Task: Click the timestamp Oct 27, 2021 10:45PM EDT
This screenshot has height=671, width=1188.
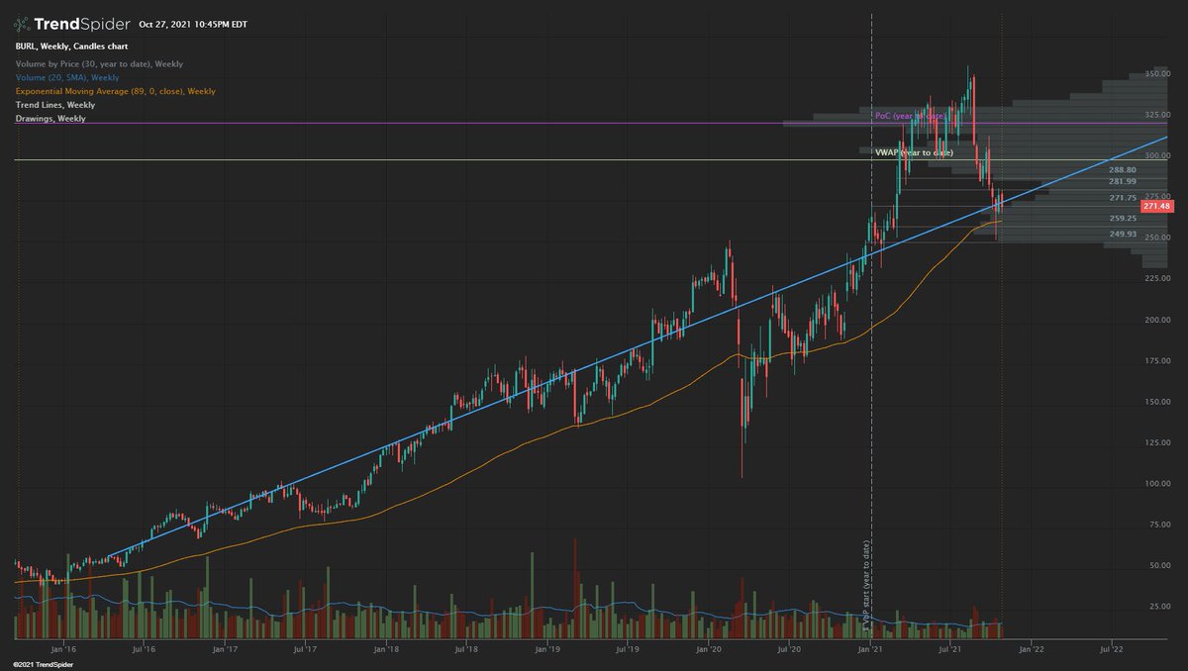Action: [194, 24]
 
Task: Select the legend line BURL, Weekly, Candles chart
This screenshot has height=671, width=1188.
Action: [71, 47]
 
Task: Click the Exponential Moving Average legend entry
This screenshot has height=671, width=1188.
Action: [115, 91]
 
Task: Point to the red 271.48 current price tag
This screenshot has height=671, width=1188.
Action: [1155, 207]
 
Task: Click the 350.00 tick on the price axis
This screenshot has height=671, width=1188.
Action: [1157, 74]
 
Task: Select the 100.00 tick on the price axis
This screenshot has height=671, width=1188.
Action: [1157, 484]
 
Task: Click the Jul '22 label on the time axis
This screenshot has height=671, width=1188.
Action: [1111, 650]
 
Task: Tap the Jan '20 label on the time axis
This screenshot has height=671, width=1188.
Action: [709, 650]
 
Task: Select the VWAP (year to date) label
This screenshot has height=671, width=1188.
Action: [913, 153]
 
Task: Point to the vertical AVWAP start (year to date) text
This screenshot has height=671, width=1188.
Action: [867, 584]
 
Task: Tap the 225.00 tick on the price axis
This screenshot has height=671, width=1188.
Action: [1157, 279]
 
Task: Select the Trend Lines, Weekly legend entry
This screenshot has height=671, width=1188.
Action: [55, 105]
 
